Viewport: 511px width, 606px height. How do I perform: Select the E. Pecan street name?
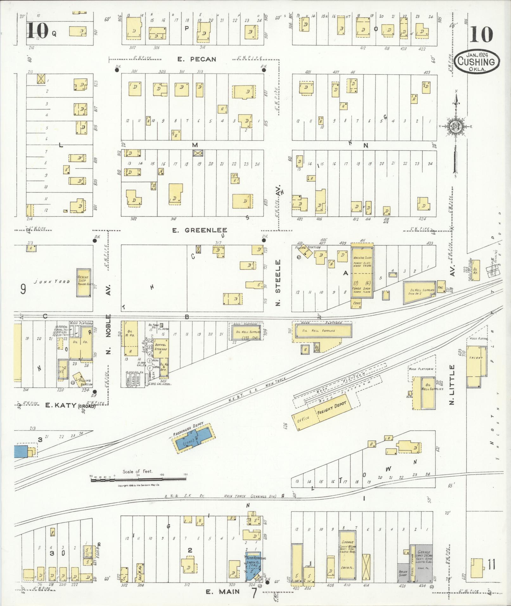196,59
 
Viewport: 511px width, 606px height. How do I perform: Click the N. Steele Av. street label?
278,283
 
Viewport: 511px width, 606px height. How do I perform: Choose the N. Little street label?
452,384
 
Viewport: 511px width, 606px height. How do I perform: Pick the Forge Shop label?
362,289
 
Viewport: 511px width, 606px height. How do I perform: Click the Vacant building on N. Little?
476,358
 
